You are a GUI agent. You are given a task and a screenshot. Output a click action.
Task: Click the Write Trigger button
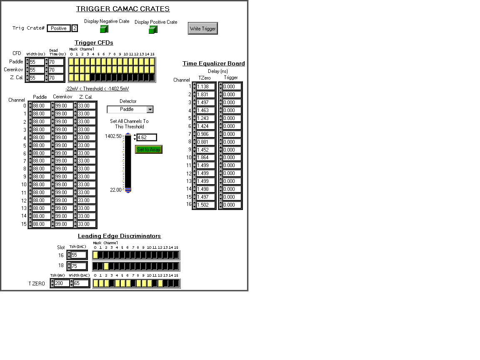coord(202,28)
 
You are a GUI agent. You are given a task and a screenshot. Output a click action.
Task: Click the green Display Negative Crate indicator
coord(104,29)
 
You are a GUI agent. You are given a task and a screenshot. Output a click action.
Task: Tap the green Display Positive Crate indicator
coord(153,30)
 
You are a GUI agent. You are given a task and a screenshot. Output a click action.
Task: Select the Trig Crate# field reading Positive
coord(58,28)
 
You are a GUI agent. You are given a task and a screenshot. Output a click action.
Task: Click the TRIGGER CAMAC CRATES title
coord(123,9)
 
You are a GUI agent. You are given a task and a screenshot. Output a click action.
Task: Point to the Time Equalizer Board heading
coord(214,63)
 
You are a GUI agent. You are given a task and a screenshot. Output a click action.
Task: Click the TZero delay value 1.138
coord(205,87)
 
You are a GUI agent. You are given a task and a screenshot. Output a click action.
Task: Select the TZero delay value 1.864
coord(205,157)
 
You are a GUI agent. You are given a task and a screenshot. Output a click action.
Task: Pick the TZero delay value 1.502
coord(205,205)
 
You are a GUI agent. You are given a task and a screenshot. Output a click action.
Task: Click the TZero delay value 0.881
coord(205,142)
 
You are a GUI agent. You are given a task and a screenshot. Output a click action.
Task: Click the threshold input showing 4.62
coord(147,137)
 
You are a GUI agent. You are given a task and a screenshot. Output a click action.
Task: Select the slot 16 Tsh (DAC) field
coord(79,255)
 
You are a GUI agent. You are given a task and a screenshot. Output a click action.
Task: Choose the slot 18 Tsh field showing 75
coord(79,266)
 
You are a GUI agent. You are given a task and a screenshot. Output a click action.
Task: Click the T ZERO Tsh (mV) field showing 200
coord(62,283)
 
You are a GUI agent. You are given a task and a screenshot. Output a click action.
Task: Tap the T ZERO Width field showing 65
coord(81,283)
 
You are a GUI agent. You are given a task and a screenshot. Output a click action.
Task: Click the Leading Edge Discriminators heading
coord(120,236)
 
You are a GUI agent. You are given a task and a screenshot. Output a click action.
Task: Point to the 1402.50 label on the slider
coord(113,136)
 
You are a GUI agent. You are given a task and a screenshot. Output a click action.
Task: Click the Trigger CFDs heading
coord(94,42)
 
